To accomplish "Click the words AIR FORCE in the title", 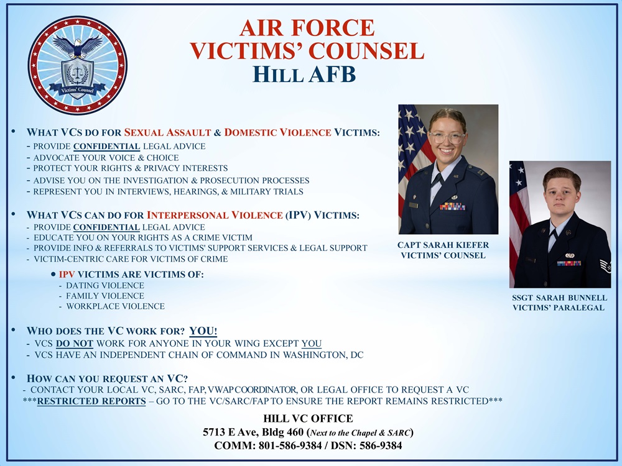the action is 307,28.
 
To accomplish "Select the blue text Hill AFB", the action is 304,74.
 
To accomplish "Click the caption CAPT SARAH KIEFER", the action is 443,245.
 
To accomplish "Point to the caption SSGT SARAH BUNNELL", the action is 559,298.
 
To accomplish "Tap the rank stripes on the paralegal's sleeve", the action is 605,266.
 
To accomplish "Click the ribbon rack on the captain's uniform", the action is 452,206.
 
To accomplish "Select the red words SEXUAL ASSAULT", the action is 167,132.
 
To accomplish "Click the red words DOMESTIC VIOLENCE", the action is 277,132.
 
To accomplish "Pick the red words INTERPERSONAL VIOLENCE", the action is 215,215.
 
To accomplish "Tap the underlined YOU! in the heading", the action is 203,331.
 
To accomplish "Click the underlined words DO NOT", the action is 75,344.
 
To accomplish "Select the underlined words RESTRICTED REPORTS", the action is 91,401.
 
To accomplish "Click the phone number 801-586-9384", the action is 290,445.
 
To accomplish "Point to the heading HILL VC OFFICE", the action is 309,418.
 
